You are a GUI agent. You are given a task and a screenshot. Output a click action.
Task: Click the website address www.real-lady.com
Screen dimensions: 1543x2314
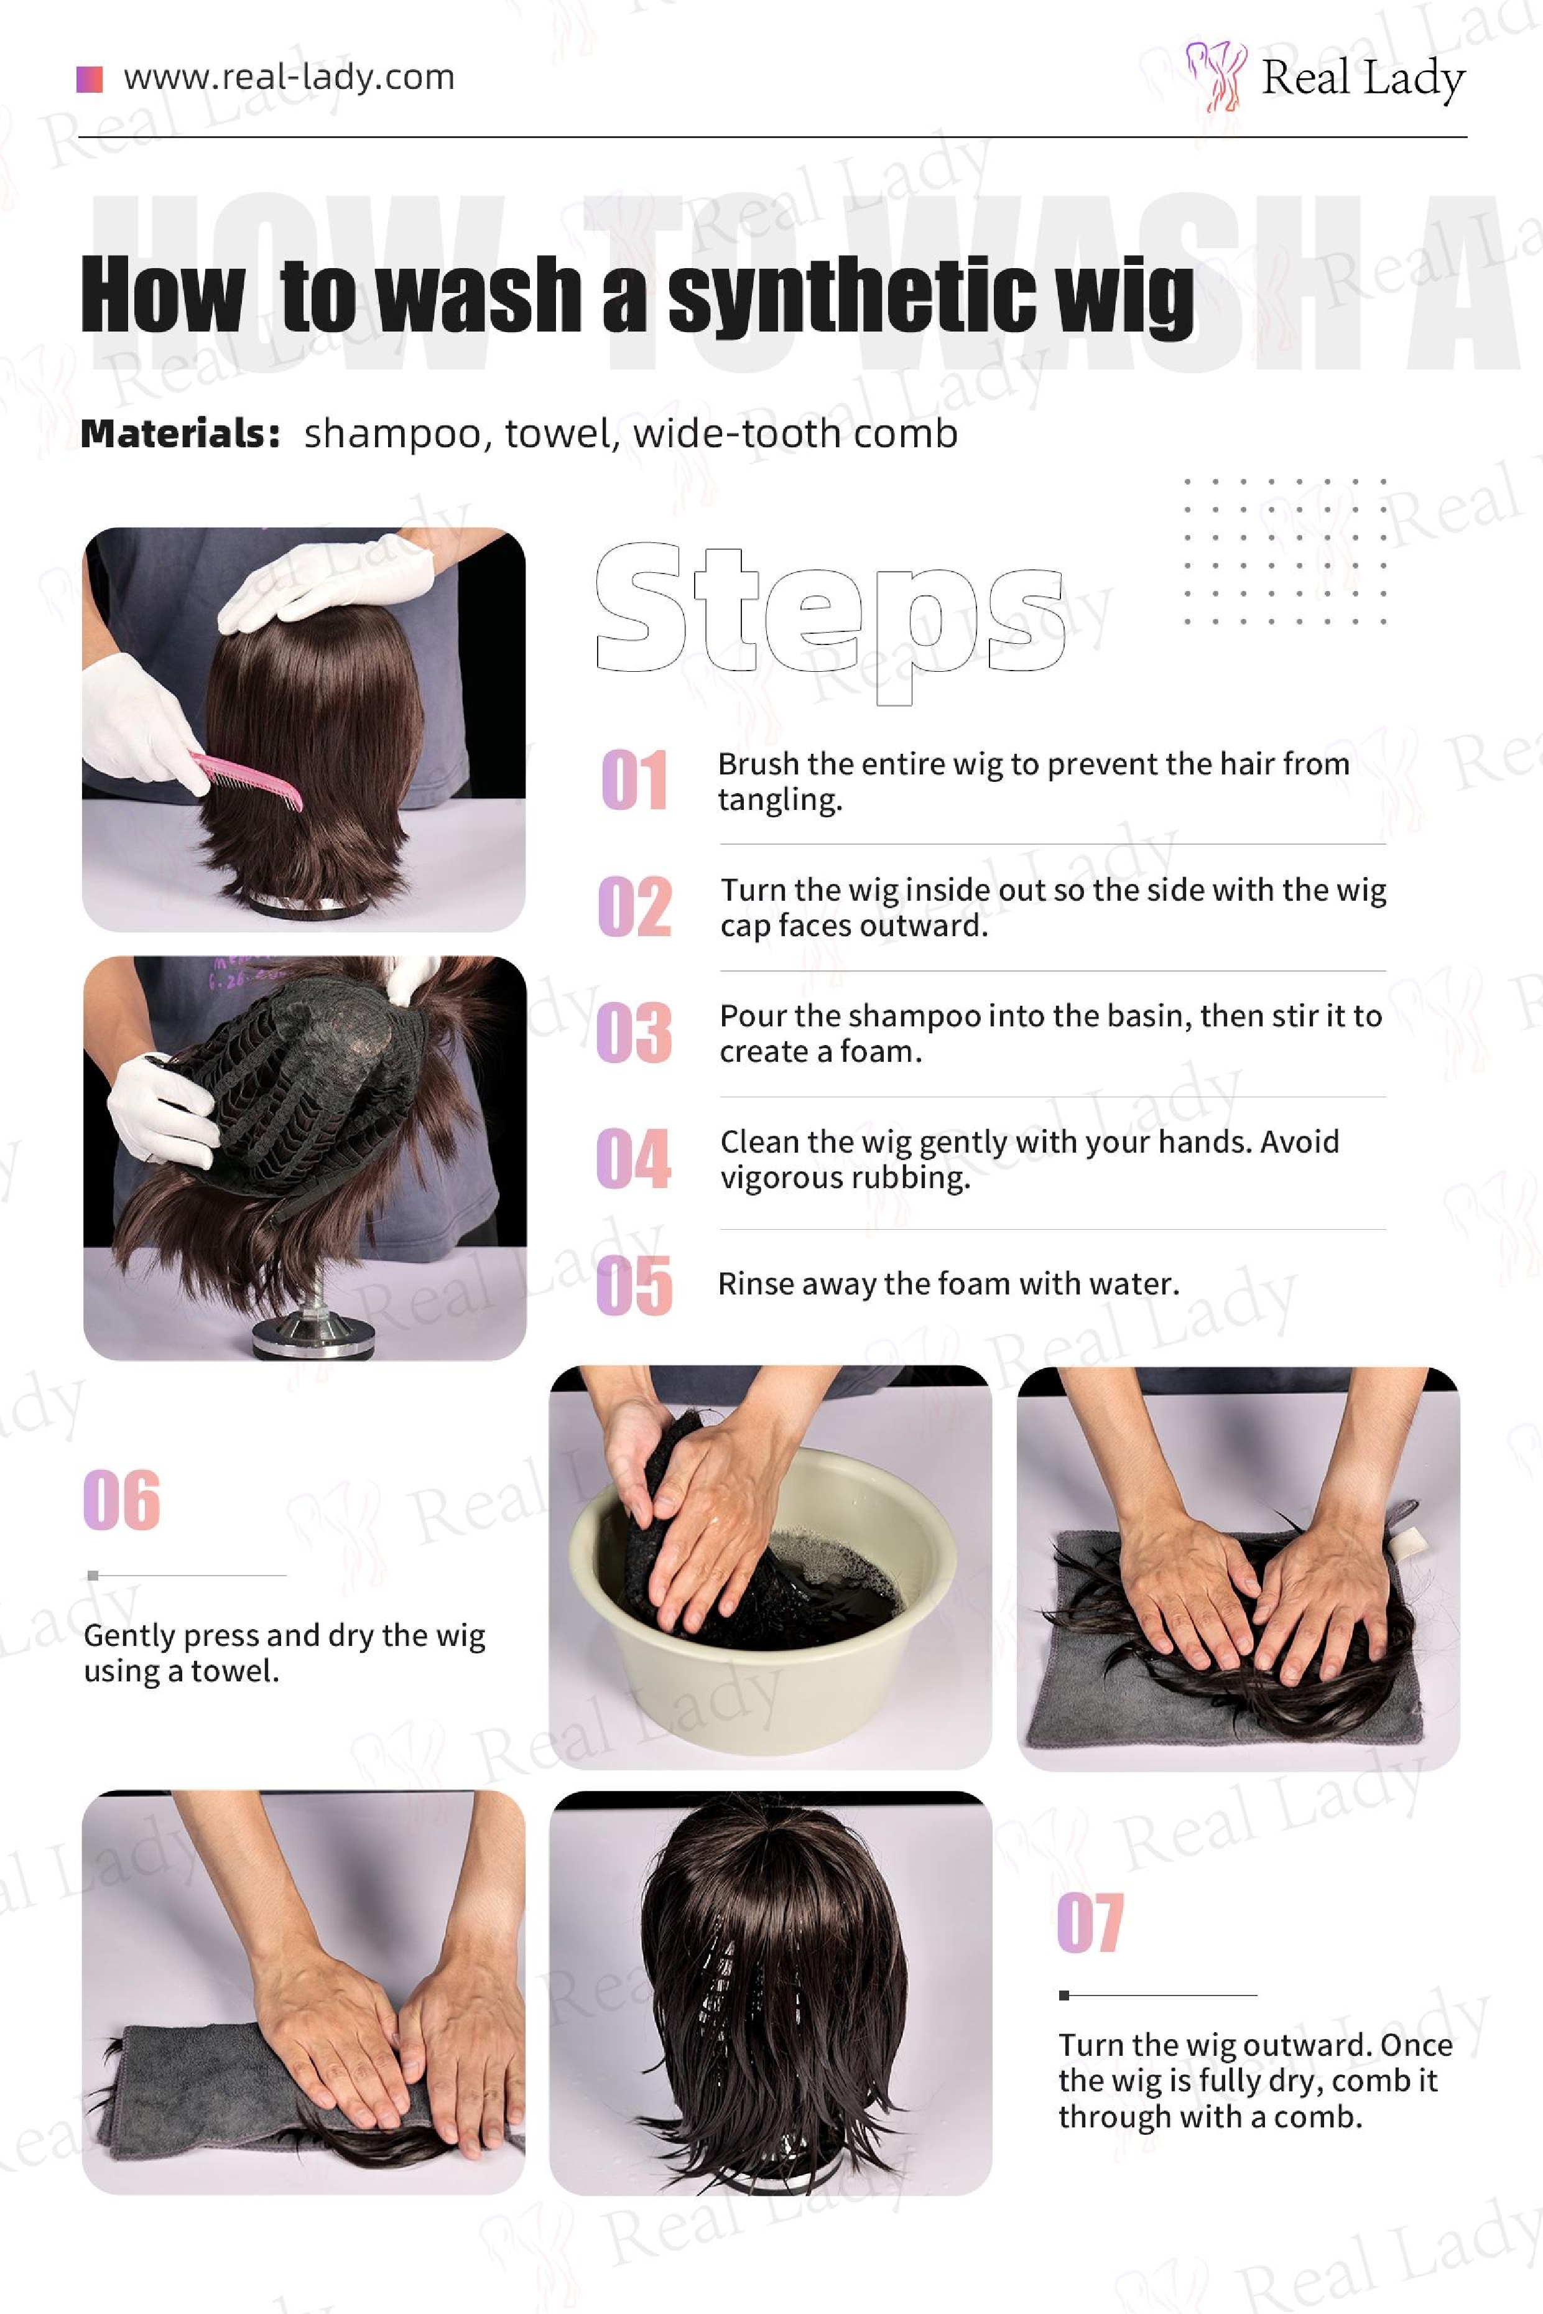click(x=289, y=78)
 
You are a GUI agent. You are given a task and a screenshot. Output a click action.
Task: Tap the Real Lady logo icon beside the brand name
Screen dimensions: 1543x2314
click(x=1216, y=75)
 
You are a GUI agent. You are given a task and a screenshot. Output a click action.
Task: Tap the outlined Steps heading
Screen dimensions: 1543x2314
click(x=830, y=620)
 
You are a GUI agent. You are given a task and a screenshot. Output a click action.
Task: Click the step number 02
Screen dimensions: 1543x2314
click(x=635, y=906)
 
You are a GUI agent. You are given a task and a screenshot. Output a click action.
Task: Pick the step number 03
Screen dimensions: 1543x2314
click(x=635, y=1033)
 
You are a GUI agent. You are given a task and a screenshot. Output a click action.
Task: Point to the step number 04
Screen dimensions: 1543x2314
click(x=634, y=1158)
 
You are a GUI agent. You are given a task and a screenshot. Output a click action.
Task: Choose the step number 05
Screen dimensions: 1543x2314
click(x=635, y=1285)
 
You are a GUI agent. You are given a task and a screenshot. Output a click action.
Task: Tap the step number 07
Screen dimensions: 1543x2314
click(x=1090, y=1922)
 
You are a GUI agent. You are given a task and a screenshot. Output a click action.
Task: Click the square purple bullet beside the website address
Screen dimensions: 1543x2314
click(x=90, y=79)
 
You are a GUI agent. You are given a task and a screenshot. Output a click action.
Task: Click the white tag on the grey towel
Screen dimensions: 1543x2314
click(x=1410, y=1541)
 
